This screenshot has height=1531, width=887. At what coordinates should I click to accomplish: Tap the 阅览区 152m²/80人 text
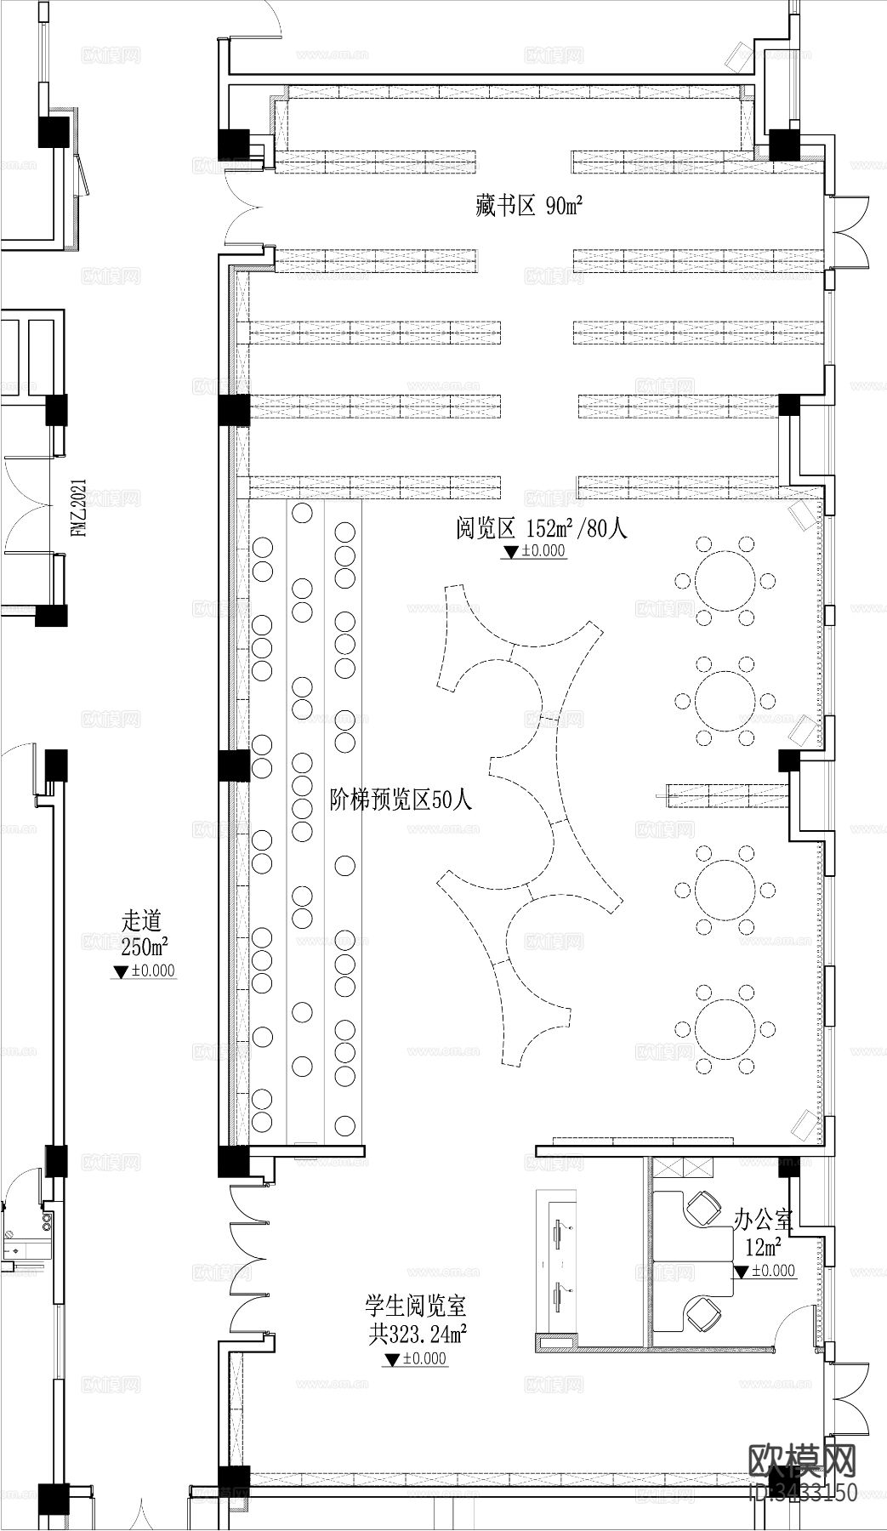541,528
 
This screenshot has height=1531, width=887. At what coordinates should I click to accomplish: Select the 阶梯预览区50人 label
400,800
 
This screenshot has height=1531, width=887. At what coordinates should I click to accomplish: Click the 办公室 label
763,1221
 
